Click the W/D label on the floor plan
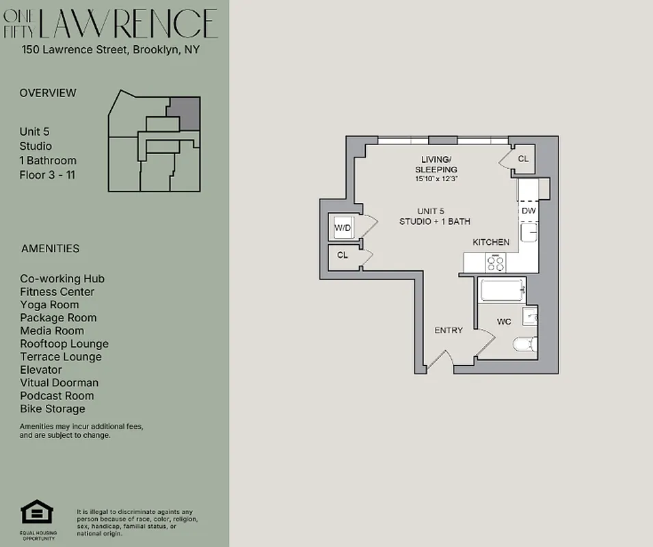tap(343, 228)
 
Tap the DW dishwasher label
tap(529, 211)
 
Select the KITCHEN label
tap(491, 242)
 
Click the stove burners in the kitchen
tap(495, 262)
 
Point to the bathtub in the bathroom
tap(502, 291)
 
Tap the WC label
tap(504, 321)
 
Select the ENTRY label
tap(449, 330)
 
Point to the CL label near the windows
tap(523, 159)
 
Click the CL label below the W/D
tap(343, 255)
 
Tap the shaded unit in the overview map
tap(185, 114)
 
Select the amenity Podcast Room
tap(57, 396)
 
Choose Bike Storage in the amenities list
tap(53, 409)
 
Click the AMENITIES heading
tap(50, 249)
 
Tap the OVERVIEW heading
tap(48, 93)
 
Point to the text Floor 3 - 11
tap(47, 175)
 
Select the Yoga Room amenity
tap(49, 305)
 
